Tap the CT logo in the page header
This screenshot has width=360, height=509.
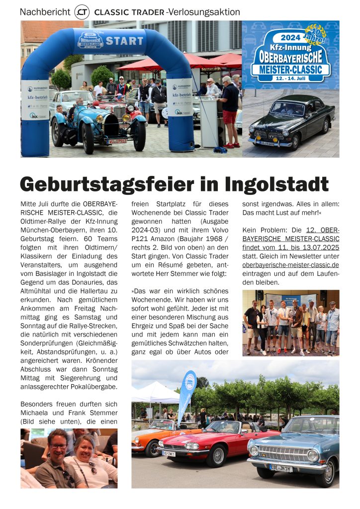click(x=82, y=12)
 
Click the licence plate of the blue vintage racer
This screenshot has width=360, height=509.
click(x=117, y=141)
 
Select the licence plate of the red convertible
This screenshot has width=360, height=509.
click(x=169, y=453)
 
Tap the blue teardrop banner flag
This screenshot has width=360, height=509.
click(x=187, y=395)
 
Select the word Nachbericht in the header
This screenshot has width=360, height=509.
click(x=45, y=12)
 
